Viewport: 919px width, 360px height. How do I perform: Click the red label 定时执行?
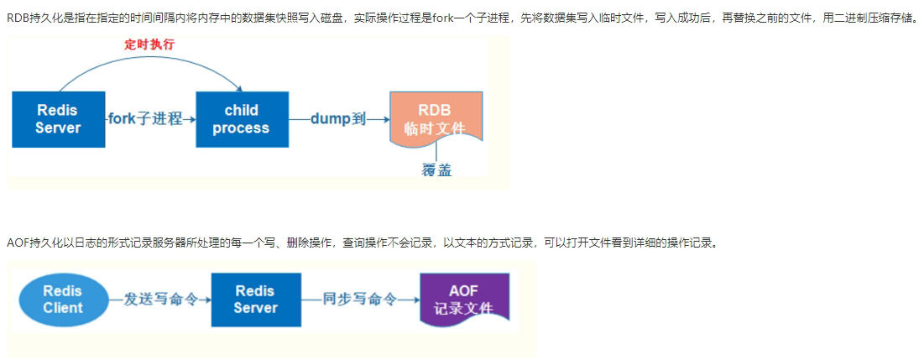point(149,44)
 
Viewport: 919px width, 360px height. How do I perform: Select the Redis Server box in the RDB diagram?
point(58,119)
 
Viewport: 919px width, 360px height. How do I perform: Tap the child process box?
point(241,119)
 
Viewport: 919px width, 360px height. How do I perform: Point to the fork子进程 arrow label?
point(145,119)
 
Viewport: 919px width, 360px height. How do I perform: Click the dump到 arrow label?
point(338,119)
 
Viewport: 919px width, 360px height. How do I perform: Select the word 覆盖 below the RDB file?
point(436,170)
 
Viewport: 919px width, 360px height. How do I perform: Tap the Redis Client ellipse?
point(64,300)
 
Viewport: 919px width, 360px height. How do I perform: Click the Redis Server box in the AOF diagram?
point(255,300)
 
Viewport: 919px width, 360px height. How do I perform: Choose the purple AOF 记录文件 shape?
point(463,300)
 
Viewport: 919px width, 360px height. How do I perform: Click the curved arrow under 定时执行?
point(151,64)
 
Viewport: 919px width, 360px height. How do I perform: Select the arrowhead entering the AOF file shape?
point(416,300)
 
